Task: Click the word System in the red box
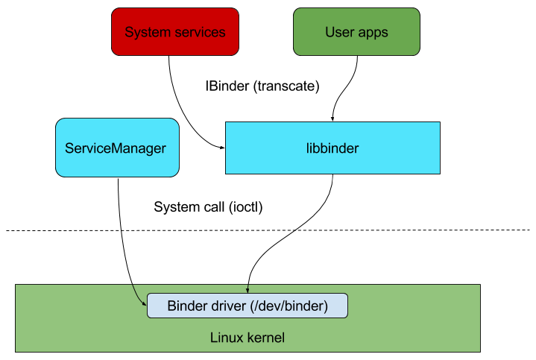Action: [148, 32]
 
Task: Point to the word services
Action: [199, 32]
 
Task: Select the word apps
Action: [373, 32]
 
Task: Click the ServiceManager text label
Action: [116, 148]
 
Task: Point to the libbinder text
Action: [332, 148]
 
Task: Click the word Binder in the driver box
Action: [186, 306]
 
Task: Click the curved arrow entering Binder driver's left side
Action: [137, 297]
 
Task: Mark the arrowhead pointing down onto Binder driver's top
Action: [247, 290]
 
